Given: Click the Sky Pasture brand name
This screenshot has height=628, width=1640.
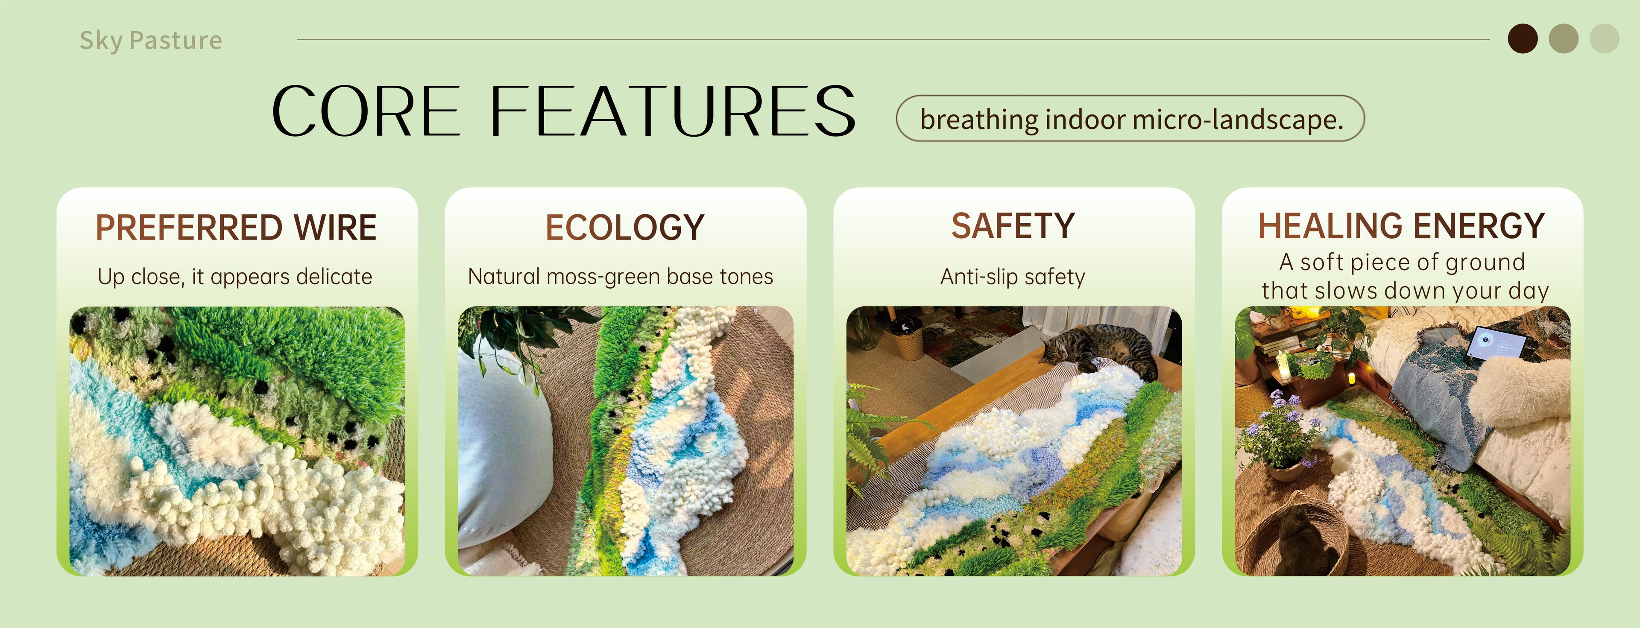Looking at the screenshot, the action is pyautogui.click(x=151, y=41).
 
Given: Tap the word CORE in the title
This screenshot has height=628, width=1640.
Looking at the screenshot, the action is pyautogui.click(x=366, y=111).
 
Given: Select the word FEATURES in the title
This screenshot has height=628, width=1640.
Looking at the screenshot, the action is pyautogui.click(x=672, y=111).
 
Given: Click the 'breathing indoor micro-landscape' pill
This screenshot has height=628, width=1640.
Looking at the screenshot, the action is pyautogui.click(x=1130, y=118).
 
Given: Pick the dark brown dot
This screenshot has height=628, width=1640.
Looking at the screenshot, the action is pyautogui.click(x=1523, y=39).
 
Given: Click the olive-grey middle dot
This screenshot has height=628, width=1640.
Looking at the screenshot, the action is pyautogui.click(x=1564, y=39).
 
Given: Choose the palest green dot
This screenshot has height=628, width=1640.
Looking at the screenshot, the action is pyautogui.click(x=1605, y=39).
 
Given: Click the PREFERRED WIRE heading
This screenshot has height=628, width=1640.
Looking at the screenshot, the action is pyautogui.click(x=236, y=227).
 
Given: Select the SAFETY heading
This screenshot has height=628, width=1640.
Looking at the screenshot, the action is pyautogui.click(x=1013, y=226).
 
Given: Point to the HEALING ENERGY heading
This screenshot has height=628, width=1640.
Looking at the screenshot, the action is pyautogui.click(x=1402, y=226).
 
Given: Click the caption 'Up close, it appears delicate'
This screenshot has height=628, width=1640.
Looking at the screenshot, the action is pyautogui.click(x=235, y=277).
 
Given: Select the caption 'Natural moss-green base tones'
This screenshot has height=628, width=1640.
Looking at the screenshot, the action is pyautogui.click(x=621, y=277).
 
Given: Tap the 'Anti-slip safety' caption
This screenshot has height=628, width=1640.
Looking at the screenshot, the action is pyautogui.click(x=1013, y=277).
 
